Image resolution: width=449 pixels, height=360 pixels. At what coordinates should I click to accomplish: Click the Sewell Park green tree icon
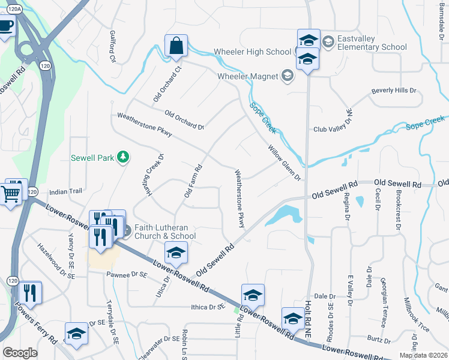(123, 157)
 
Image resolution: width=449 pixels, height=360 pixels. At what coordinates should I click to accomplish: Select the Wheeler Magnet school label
(247, 76)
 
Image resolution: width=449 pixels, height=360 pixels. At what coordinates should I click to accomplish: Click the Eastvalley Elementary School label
(372, 43)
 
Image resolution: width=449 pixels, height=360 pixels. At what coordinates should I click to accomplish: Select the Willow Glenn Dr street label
(284, 163)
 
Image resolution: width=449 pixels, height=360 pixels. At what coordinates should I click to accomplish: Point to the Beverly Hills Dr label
(393, 91)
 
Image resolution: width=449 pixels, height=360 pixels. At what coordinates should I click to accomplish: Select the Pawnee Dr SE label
(127, 275)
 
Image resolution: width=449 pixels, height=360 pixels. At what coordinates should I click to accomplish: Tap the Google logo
(20, 352)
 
